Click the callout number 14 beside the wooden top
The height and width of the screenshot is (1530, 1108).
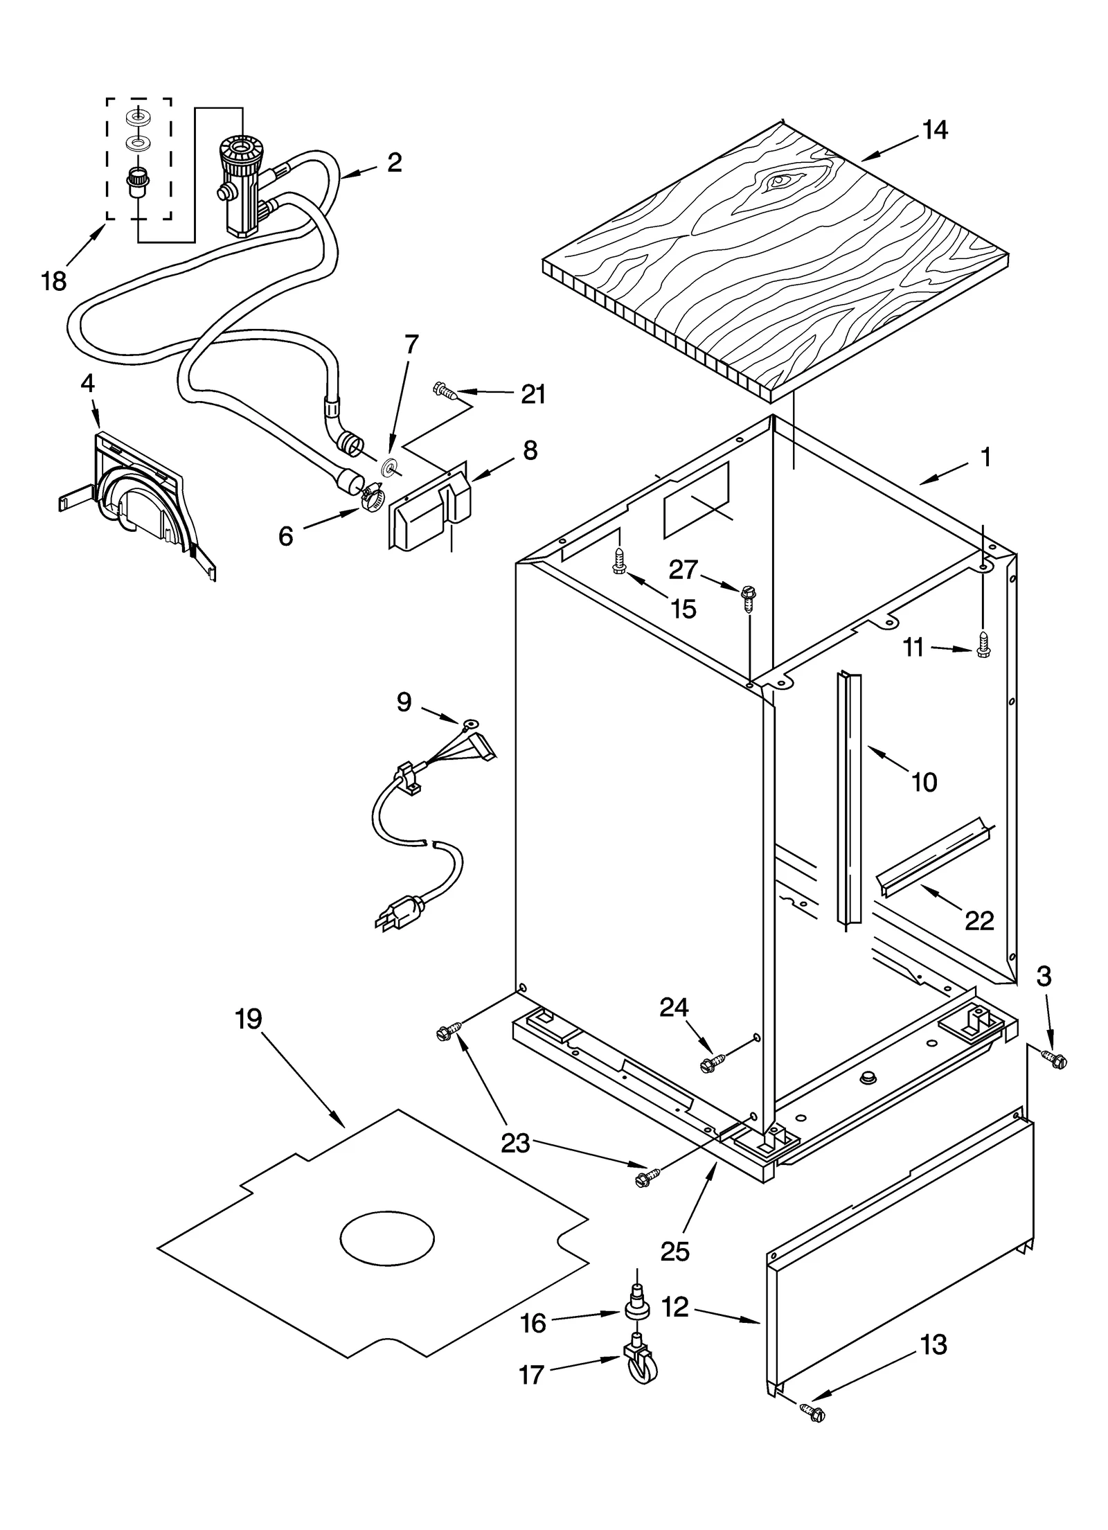[x=935, y=130]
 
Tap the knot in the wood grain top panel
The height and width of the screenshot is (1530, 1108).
[x=779, y=181]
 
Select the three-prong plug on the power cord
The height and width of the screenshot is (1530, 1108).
[x=400, y=911]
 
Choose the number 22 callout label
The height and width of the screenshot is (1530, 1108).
[x=979, y=920]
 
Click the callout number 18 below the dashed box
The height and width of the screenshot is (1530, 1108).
[x=53, y=281]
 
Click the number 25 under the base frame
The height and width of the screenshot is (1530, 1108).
[x=675, y=1252]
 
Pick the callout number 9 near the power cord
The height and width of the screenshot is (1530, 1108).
[x=404, y=702]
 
